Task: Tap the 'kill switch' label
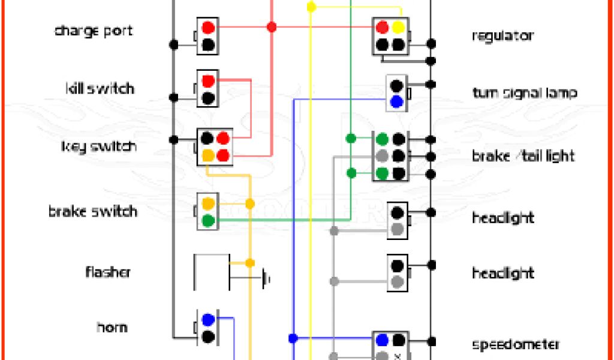[x=99, y=89]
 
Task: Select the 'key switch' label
[x=99, y=146]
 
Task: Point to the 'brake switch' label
[x=93, y=211]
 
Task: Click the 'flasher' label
[x=107, y=272]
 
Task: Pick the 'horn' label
[x=112, y=328]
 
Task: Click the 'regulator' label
[x=502, y=35]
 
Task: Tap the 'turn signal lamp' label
[x=525, y=93]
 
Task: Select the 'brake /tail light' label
[x=523, y=156]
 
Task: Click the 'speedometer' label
[x=516, y=344]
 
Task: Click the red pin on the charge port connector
[x=208, y=28]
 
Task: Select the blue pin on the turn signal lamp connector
[x=396, y=101]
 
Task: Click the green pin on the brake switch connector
[x=208, y=220]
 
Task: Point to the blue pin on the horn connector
[x=208, y=320]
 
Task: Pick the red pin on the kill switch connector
[x=208, y=81]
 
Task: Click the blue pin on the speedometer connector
[x=382, y=340]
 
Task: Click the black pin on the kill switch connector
[x=208, y=98]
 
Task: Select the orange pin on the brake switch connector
[x=208, y=203]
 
